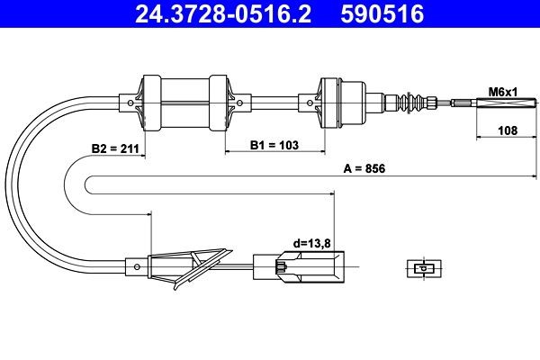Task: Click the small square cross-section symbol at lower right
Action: (420, 267)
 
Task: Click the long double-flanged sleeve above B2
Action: (184, 103)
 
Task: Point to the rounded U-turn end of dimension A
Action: (88, 184)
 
